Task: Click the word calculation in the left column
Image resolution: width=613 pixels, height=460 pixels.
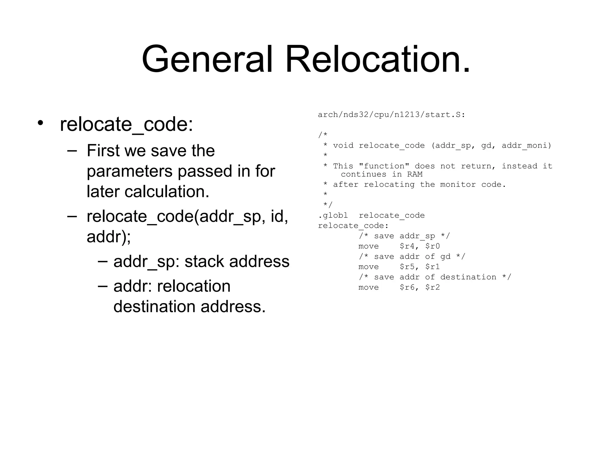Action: (x=167, y=192)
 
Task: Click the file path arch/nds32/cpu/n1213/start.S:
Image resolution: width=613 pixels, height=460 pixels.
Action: (x=392, y=115)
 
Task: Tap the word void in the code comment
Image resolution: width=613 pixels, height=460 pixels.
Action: (x=343, y=146)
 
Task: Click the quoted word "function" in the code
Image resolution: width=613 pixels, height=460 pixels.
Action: (x=384, y=166)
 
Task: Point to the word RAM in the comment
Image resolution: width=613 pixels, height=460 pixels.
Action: (x=415, y=174)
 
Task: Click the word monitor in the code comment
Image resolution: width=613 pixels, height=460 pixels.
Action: (x=458, y=184)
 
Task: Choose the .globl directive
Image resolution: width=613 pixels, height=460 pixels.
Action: (x=333, y=216)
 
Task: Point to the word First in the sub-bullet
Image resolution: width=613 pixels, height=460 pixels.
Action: (x=103, y=151)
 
